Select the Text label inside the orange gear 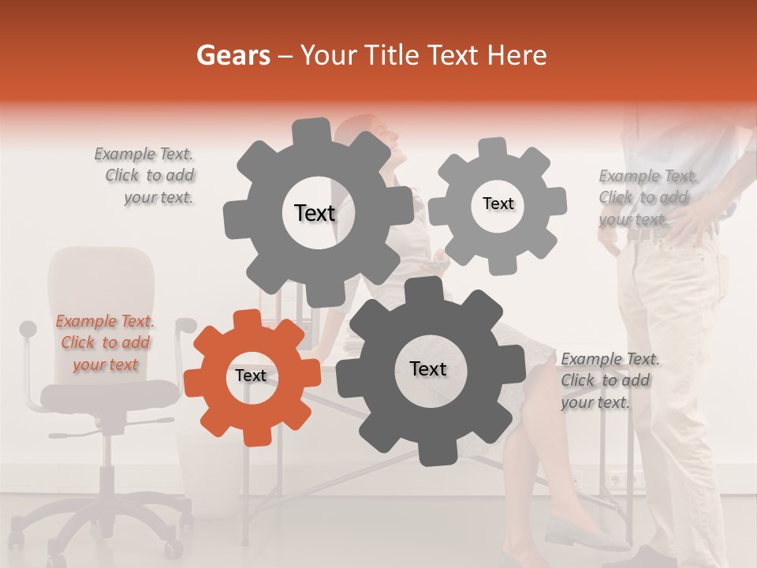tap(251, 376)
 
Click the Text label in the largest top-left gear tap(315, 213)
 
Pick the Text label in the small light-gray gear tap(498, 204)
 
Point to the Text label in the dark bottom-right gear tap(428, 368)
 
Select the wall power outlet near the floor tap(623, 477)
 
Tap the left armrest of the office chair tap(28, 330)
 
